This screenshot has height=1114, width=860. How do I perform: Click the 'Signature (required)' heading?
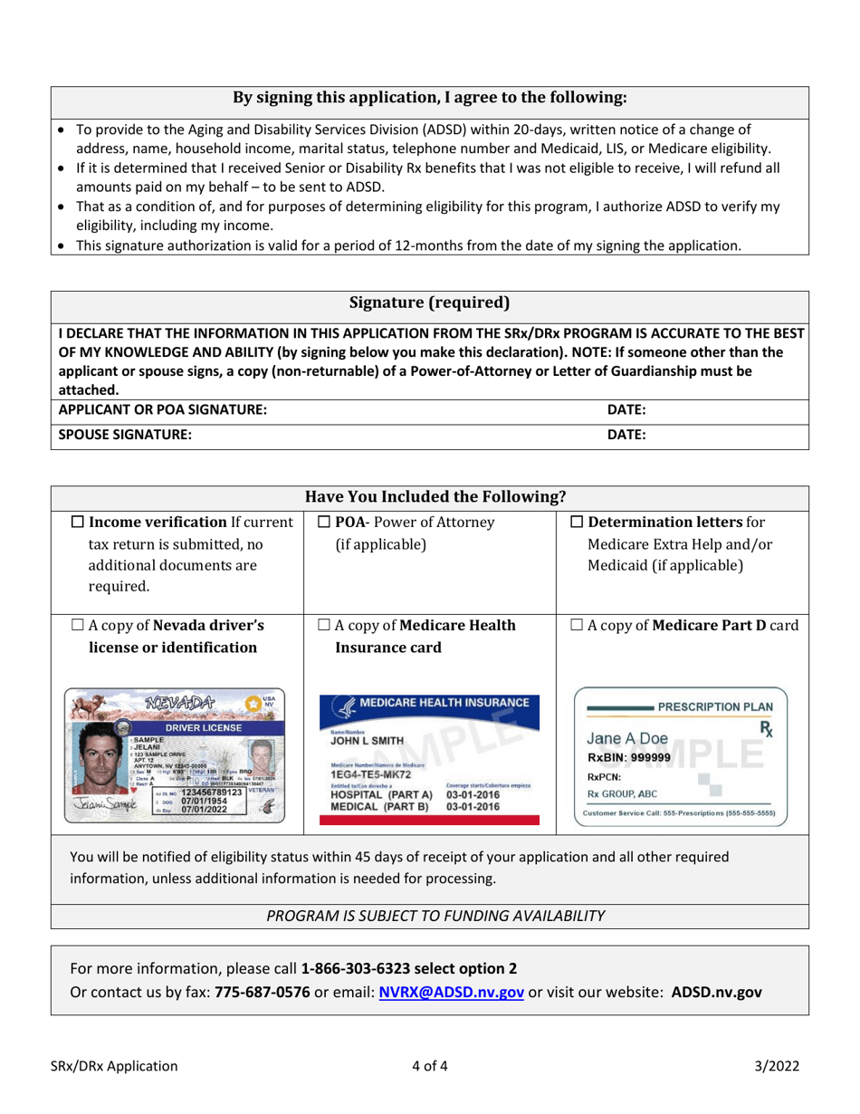(x=429, y=302)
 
